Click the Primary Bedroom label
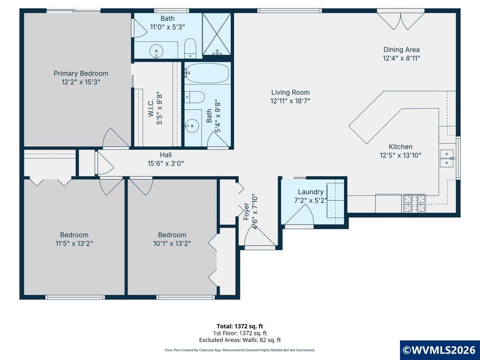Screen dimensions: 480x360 (81, 74)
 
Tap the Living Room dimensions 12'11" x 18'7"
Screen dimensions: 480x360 (290, 101)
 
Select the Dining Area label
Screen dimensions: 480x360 (402, 50)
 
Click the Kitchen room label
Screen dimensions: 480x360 (401, 147)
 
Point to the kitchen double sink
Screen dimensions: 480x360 (447, 158)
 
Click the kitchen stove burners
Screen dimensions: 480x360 (415, 203)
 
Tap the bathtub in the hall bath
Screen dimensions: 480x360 (207, 74)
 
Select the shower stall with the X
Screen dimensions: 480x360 (216, 34)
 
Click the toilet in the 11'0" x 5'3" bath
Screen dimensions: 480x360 (190, 48)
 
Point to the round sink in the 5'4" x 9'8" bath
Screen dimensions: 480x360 (192, 126)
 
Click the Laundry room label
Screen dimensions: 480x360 (311, 192)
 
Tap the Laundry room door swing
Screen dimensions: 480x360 (299, 215)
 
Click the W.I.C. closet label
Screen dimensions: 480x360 (151, 108)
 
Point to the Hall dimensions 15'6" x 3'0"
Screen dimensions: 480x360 (166, 164)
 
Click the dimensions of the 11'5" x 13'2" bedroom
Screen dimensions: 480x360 (74, 244)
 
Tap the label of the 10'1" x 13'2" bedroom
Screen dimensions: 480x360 (172, 235)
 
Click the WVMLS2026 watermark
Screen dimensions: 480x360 (440, 350)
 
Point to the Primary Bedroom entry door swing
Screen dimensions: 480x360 (116, 138)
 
